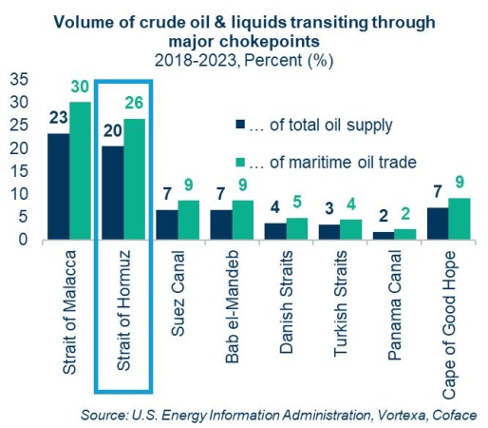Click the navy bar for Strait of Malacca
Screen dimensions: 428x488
pos(60,186)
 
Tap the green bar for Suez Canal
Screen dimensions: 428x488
pos(190,220)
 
